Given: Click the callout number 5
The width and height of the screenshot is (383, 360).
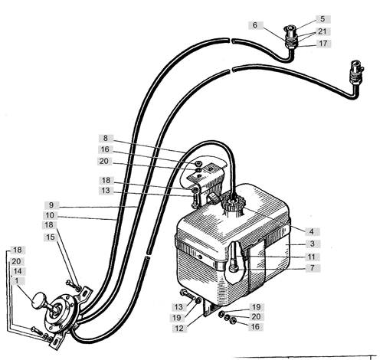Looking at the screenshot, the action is coord(322,19).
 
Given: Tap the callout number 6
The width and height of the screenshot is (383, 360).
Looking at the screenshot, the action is coord(255,25).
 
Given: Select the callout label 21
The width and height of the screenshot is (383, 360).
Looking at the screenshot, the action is coord(322,31).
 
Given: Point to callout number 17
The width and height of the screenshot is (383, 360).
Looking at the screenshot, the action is coord(323,43).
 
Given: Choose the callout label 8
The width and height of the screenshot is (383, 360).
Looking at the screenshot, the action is coord(106,138).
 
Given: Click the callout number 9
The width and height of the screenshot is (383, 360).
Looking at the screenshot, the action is coord(51,205).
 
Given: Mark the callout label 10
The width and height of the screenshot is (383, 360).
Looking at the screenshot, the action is coord(50,215).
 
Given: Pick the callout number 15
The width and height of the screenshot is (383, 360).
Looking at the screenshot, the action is coord(51,237).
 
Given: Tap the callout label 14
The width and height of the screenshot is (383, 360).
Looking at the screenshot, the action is coord(18,271).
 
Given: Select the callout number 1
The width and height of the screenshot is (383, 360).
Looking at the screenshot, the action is coord(17,281).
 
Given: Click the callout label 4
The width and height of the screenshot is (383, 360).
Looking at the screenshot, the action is coord(312,231).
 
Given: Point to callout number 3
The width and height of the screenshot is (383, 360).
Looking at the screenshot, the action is coord(313,244).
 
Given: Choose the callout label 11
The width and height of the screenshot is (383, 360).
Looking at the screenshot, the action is coord(312,257).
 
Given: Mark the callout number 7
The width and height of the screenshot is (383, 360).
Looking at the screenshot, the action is coord(313,268).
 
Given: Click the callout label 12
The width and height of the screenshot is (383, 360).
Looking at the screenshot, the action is coord(179,328).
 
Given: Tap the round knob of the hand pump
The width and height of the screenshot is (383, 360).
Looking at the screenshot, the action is coord(38,300).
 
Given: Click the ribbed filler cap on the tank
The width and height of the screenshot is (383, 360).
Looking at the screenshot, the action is coord(234,204).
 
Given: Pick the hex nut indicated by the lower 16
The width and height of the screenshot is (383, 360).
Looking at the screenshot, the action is coord(233,320).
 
